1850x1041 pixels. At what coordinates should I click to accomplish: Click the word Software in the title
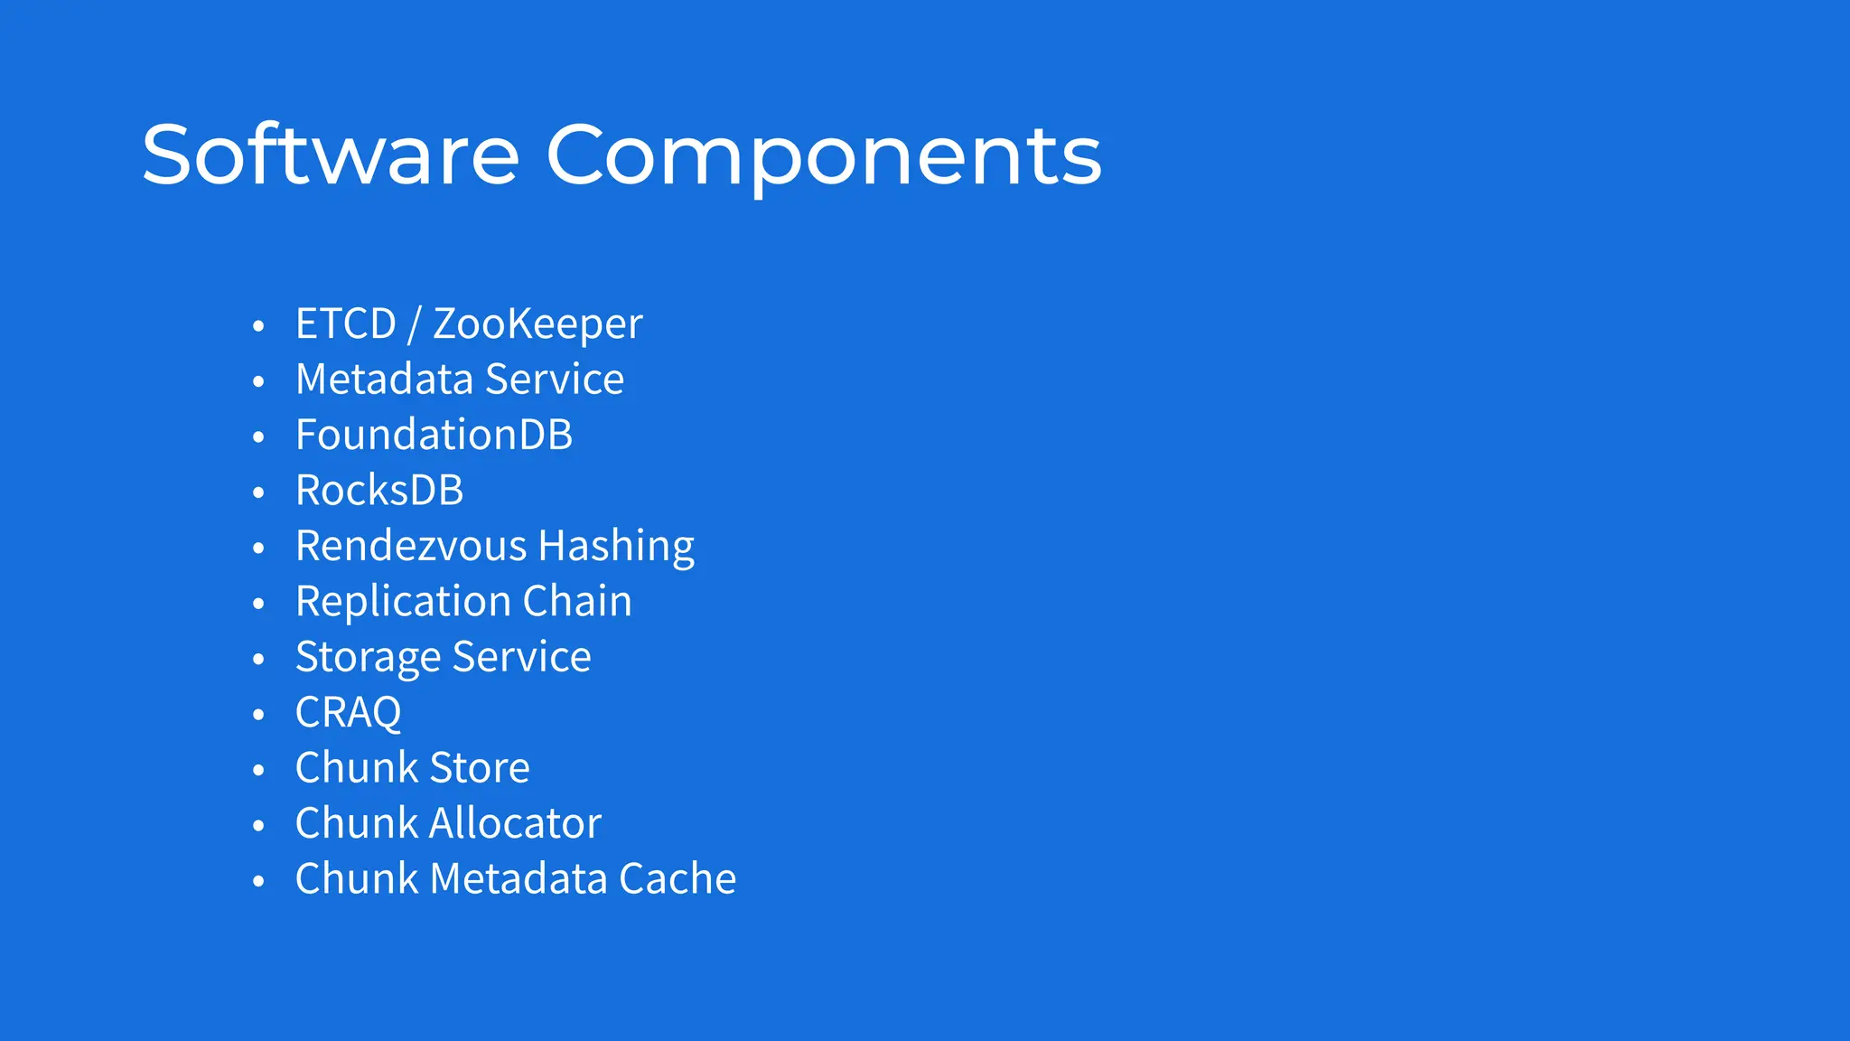(330, 155)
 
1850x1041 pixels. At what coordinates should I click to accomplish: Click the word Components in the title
(823, 155)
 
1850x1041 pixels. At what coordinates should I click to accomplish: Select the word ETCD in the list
(346, 324)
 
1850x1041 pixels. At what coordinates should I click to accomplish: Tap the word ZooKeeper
(537, 324)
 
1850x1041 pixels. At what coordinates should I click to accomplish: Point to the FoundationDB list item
(434, 435)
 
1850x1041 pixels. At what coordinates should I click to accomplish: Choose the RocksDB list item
(379, 491)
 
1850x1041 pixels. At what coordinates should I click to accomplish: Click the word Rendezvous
(411, 546)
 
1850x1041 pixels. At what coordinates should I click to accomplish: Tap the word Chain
(577, 602)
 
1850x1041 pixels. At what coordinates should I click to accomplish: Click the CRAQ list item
(348, 713)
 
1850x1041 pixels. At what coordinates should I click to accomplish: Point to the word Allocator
(515, 823)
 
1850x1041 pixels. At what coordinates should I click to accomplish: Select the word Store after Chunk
(479, 768)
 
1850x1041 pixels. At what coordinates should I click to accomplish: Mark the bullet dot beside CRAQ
(258, 715)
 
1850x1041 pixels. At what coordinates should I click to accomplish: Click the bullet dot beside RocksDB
(258, 492)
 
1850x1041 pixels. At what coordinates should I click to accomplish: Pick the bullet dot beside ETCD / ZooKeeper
(258, 326)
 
